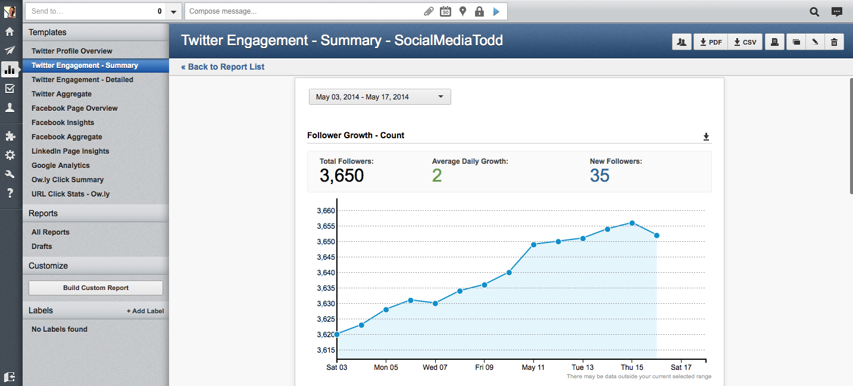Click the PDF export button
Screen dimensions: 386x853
[x=710, y=42]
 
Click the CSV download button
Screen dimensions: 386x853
[x=745, y=42]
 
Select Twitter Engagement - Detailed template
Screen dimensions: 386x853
[x=82, y=80]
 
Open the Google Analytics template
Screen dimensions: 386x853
[x=61, y=166]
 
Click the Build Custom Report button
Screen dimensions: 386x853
[x=96, y=288]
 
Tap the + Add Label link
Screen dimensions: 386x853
[x=145, y=311]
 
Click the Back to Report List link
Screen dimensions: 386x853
[x=223, y=67]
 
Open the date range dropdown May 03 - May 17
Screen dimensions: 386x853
[x=380, y=96]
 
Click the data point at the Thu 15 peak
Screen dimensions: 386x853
[x=632, y=223]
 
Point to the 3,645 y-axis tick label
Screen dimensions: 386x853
[x=326, y=257]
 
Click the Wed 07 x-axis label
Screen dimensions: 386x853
[x=435, y=368]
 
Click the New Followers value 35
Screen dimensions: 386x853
[x=599, y=176]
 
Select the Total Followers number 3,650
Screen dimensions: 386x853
[x=342, y=176]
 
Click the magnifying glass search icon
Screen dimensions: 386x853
[x=814, y=11]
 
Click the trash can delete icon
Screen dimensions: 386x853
[x=834, y=42]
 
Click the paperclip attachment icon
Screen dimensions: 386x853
[x=428, y=11]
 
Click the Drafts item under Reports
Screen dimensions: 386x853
[x=42, y=247]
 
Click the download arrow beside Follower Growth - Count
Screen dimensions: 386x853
[x=706, y=137]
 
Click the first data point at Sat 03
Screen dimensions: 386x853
[x=337, y=334]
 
